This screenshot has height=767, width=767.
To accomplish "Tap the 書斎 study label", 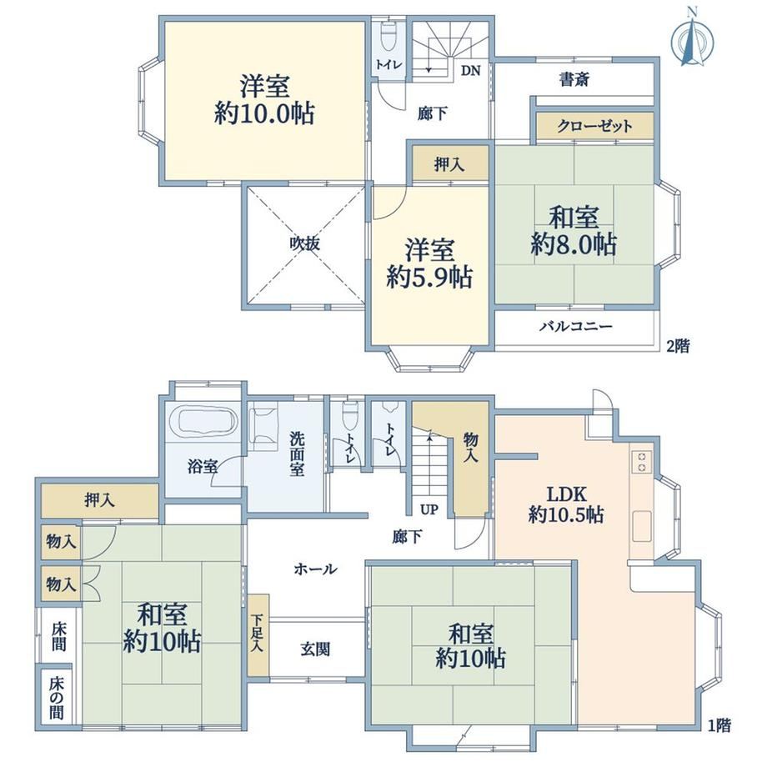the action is click(x=574, y=79).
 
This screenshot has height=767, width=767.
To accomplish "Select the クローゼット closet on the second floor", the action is click(x=594, y=127).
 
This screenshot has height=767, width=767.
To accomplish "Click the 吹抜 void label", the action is click(x=304, y=243).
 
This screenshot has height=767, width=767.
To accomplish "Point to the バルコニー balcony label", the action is click(x=576, y=326).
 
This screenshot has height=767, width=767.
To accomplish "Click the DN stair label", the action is click(x=470, y=70).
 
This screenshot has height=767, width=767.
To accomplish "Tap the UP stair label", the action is click(x=429, y=509).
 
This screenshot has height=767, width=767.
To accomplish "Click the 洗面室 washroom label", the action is click(x=297, y=454).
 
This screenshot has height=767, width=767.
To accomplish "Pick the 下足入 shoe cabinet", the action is click(x=258, y=635).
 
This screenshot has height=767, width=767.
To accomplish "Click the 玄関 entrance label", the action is click(x=315, y=649).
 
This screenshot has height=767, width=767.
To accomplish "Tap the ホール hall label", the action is click(x=315, y=569).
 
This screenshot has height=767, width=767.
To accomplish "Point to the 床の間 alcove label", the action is click(x=57, y=698).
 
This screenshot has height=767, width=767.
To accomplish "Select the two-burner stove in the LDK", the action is click(x=642, y=461).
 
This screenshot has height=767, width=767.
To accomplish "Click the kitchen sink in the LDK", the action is click(x=642, y=526).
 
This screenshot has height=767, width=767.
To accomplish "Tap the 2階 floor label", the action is click(x=679, y=346).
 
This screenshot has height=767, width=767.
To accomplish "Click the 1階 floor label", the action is click(x=719, y=725).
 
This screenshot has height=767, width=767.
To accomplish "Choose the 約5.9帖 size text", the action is click(x=429, y=278).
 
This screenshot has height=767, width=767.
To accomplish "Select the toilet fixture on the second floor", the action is click(x=388, y=38).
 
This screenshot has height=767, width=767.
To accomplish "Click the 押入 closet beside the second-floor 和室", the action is click(x=450, y=164).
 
